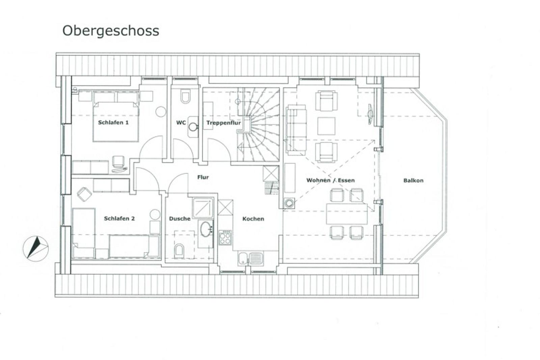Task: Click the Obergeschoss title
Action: pos(111,31)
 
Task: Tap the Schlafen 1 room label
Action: pos(113,122)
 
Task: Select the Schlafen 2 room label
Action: pos(119,219)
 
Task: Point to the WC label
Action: pos(181,123)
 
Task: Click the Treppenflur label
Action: pos(223,123)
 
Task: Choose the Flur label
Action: pos(203,177)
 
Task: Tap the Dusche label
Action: pos(180,219)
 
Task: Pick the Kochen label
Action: pos(253,219)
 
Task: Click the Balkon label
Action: pos(413,181)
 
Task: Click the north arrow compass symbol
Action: pos(36,249)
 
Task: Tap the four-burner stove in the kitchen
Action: pos(225,238)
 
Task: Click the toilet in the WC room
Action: pos(185,96)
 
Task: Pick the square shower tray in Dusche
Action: pos(203,208)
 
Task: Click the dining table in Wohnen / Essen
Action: pos(347,214)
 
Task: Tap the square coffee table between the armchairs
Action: pos(326,126)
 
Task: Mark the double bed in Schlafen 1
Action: pos(116,121)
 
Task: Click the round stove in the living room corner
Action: pos(289,203)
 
